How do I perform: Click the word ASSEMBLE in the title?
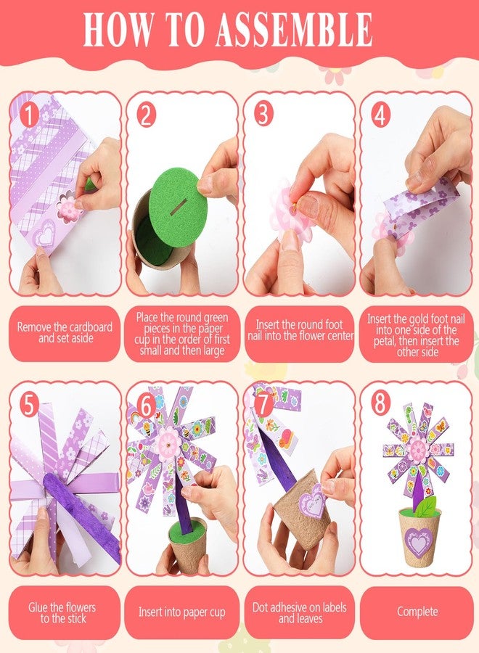pos(294,29)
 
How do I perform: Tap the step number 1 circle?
pos(29,115)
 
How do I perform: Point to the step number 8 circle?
pos(380,403)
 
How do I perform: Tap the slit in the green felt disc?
pos(179,207)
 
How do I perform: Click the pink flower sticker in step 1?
pos(70,209)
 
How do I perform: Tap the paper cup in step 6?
pos(188,546)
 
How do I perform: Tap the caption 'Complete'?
pos(417,612)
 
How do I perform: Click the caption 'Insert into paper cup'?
pos(181,612)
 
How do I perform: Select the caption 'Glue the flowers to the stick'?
pos(62,612)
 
